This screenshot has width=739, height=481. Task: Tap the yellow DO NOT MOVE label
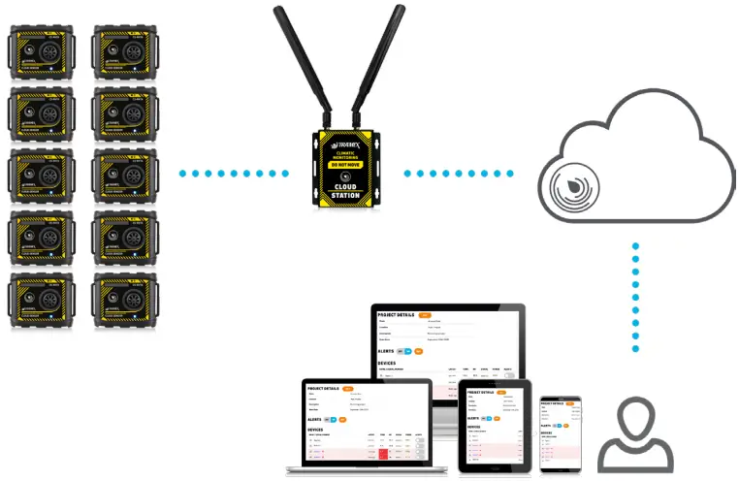(344, 165)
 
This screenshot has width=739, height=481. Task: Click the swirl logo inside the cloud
(573, 185)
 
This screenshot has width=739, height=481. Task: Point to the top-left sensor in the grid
(42, 53)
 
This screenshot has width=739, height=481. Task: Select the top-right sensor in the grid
(123, 53)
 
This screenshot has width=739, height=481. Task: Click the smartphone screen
(560, 432)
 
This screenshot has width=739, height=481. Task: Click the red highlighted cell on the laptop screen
(383, 453)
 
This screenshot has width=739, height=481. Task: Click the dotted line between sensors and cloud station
(234, 174)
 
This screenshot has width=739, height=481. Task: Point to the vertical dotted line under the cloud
(635, 297)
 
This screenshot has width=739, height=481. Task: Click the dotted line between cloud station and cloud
(457, 174)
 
